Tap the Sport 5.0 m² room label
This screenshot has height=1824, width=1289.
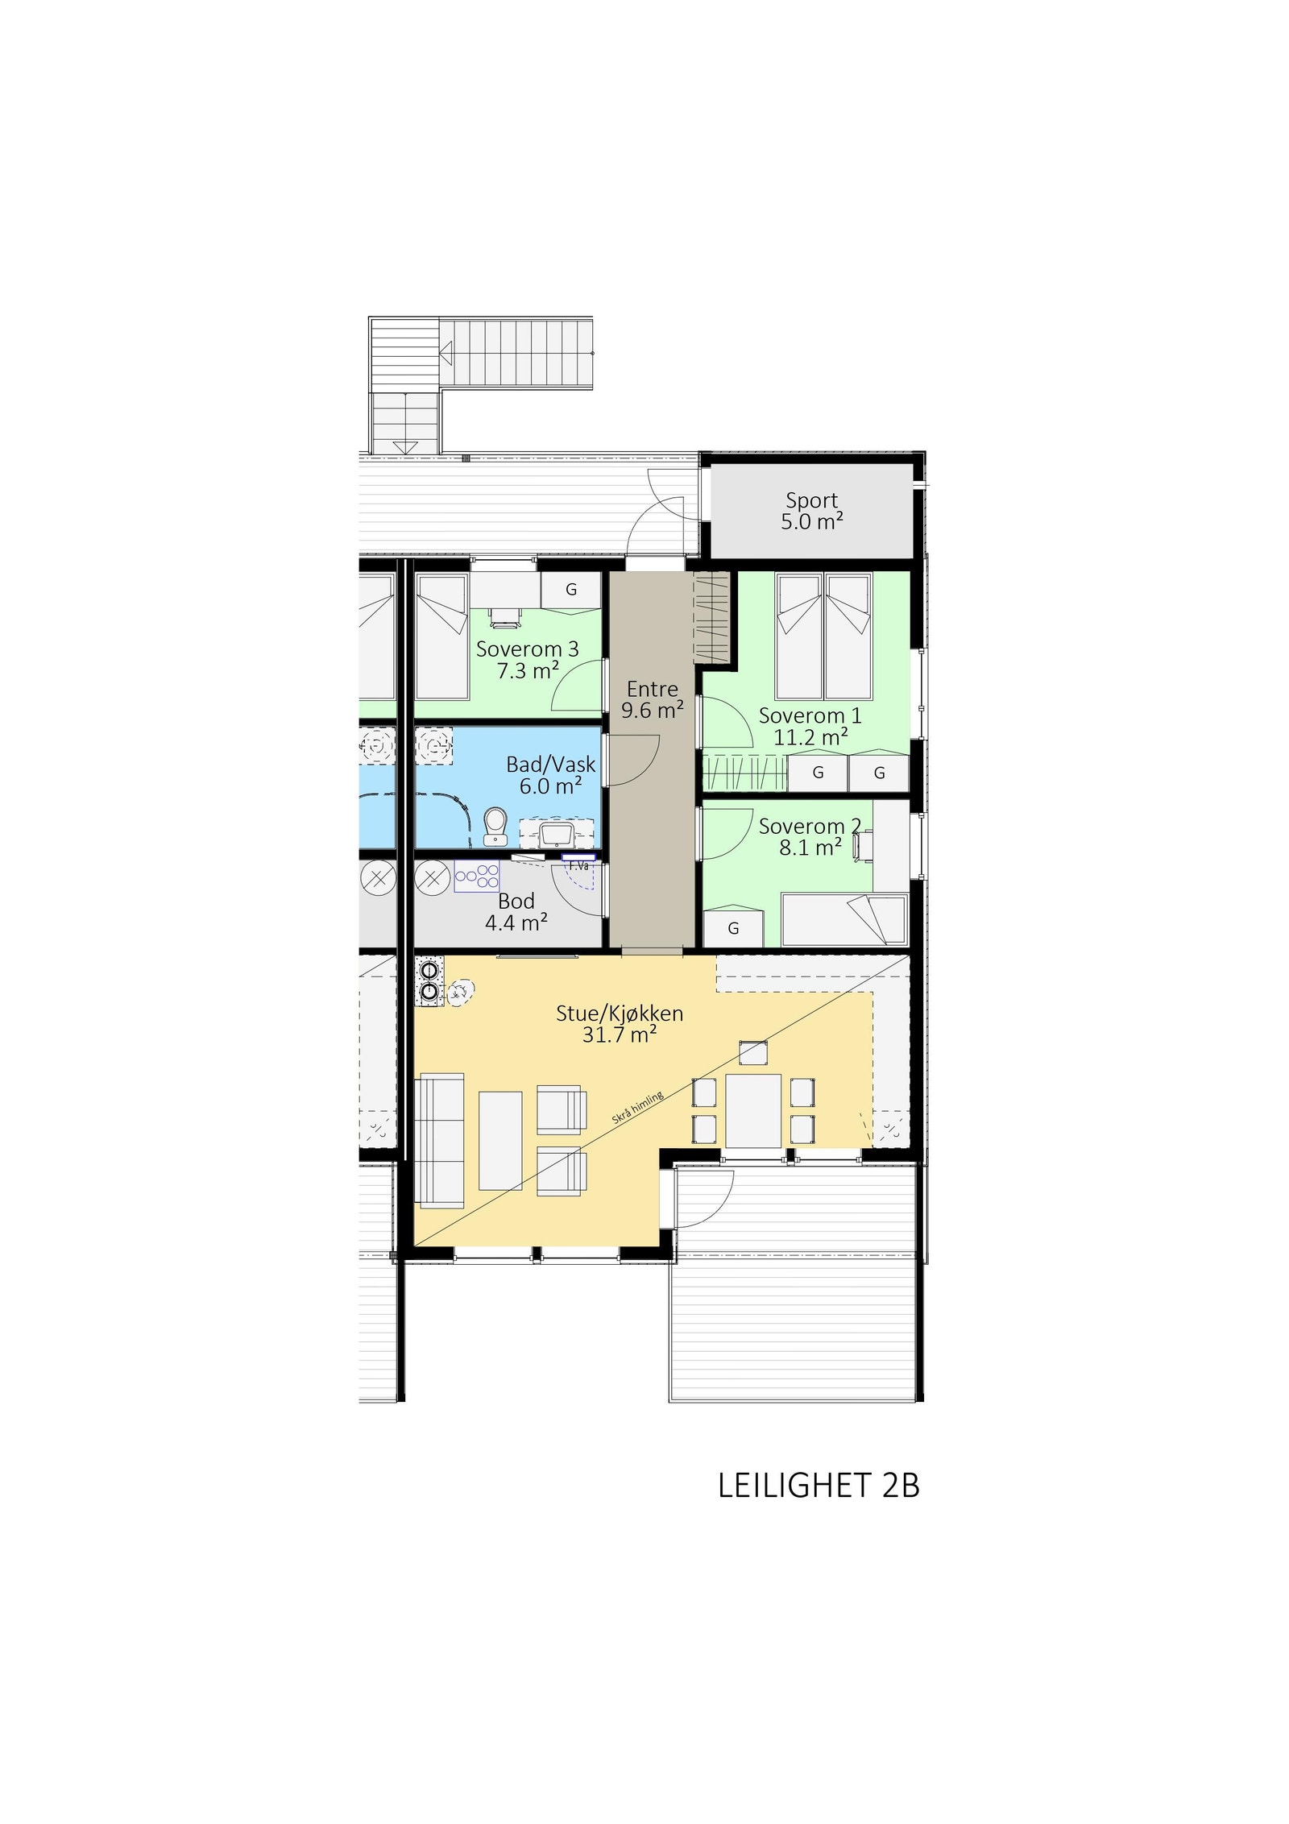coord(811,512)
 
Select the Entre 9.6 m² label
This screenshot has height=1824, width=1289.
coord(652,699)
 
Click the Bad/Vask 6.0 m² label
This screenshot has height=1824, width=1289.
coord(550,775)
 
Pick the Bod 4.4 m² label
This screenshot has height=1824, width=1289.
coord(516,912)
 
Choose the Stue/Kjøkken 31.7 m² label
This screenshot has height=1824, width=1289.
coord(619,1024)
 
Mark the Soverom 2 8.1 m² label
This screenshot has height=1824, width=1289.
coord(810,837)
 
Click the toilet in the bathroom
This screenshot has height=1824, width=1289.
coord(495,827)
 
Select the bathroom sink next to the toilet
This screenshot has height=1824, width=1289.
coord(557,832)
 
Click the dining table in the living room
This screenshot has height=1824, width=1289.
coord(753,1110)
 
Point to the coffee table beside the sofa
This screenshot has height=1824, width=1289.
coord(500,1140)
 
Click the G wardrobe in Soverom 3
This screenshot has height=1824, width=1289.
coord(570,590)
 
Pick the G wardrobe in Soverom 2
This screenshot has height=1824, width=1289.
coord(733,929)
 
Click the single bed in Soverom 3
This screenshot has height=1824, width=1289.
coord(441,636)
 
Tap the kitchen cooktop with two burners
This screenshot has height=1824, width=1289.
coord(429,981)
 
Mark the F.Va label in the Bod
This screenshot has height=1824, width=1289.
coord(578,865)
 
